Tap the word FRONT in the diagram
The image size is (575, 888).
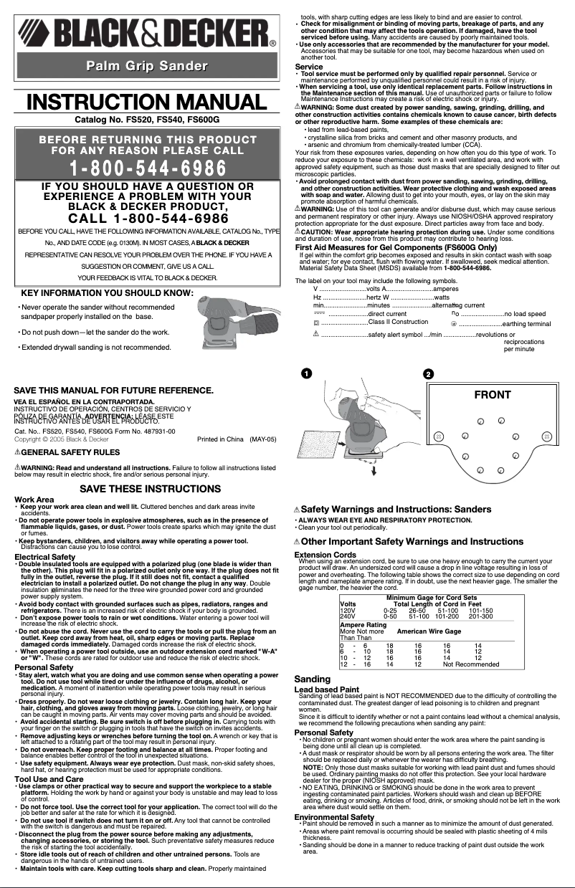493,395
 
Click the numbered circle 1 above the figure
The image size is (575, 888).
306,374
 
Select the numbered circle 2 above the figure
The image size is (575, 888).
428,375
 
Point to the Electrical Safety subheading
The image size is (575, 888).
44,557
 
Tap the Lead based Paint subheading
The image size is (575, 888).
326,689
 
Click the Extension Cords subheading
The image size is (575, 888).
325,555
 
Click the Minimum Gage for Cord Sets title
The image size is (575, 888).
432,598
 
